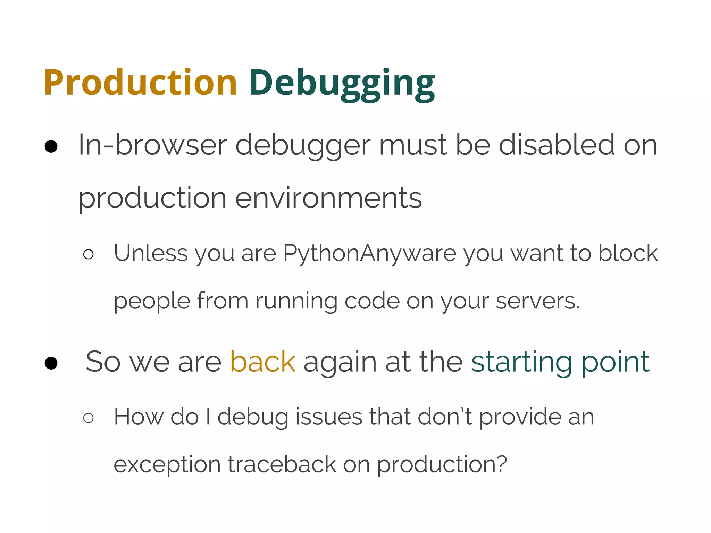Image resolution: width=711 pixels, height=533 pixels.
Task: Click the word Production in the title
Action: pyautogui.click(x=140, y=83)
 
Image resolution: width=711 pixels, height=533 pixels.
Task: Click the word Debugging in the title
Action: pyautogui.click(x=342, y=83)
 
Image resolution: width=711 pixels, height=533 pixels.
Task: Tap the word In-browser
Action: pyautogui.click(x=153, y=145)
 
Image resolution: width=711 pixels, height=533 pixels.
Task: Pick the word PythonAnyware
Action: pyautogui.click(x=370, y=253)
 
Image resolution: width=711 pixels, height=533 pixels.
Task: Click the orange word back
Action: pyautogui.click(x=263, y=362)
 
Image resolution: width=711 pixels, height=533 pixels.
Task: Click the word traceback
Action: pyautogui.click(x=282, y=464)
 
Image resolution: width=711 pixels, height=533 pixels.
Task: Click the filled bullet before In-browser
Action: pyautogui.click(x=51, y=146)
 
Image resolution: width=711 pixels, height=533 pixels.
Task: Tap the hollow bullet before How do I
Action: pyautogui.click(x=89, y=418)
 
